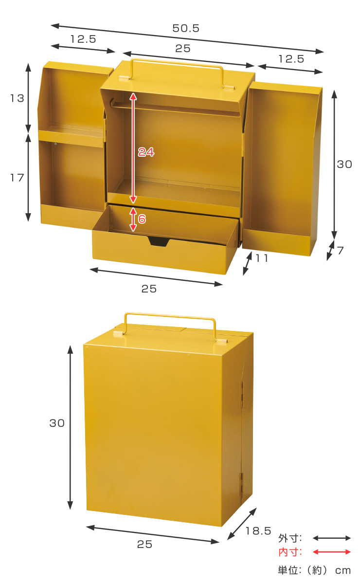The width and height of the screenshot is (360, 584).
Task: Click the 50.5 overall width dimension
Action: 186,28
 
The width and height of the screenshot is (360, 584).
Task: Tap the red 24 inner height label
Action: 146,152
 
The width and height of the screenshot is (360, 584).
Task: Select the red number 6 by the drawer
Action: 142,219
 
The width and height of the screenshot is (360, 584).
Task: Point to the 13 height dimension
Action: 17,98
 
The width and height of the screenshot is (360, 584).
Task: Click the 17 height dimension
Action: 17,178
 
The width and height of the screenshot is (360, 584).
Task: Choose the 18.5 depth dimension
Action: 258,531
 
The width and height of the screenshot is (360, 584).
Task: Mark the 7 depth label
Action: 341,251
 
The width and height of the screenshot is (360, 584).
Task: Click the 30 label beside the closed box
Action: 57,423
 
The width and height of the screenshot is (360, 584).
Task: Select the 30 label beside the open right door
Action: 344,164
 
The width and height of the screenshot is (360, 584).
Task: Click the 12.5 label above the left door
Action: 83,39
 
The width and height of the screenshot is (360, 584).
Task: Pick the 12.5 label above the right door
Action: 291,59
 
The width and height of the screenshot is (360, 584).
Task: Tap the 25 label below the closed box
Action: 144,545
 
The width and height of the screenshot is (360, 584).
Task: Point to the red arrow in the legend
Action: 332,552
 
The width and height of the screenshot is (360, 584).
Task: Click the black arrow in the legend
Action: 332,538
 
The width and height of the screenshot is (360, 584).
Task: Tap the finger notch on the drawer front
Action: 159,241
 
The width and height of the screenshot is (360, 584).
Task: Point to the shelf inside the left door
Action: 71,133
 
